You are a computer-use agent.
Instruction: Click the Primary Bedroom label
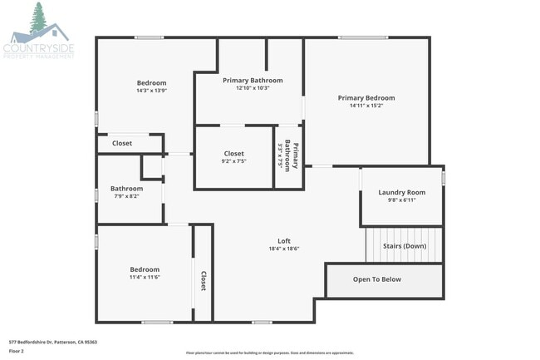coord(366,98)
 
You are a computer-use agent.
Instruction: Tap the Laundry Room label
coord(401,192)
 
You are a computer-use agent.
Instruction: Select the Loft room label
coord(283,240)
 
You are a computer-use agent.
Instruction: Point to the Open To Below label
coord(376,279)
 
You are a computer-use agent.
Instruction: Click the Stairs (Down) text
coord(405,246)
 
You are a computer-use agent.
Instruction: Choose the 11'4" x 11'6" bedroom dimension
coord(145,277)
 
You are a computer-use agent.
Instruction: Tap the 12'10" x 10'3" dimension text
coord(253,88)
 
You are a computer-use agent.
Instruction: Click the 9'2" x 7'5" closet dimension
coord(233,161)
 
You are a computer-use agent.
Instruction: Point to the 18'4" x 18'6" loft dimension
coord(283,249)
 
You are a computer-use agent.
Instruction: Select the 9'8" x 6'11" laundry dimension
coord(401,200)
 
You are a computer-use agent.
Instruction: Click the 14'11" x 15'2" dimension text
coord(366,106)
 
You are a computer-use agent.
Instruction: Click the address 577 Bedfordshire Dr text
coord(53,342)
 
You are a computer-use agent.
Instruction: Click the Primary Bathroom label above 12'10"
coord(253,81)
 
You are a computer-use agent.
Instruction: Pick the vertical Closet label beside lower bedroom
coord(203,283)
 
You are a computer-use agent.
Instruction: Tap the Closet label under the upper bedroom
coord(122,143)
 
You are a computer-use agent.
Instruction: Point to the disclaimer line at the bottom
coord(270,353)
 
